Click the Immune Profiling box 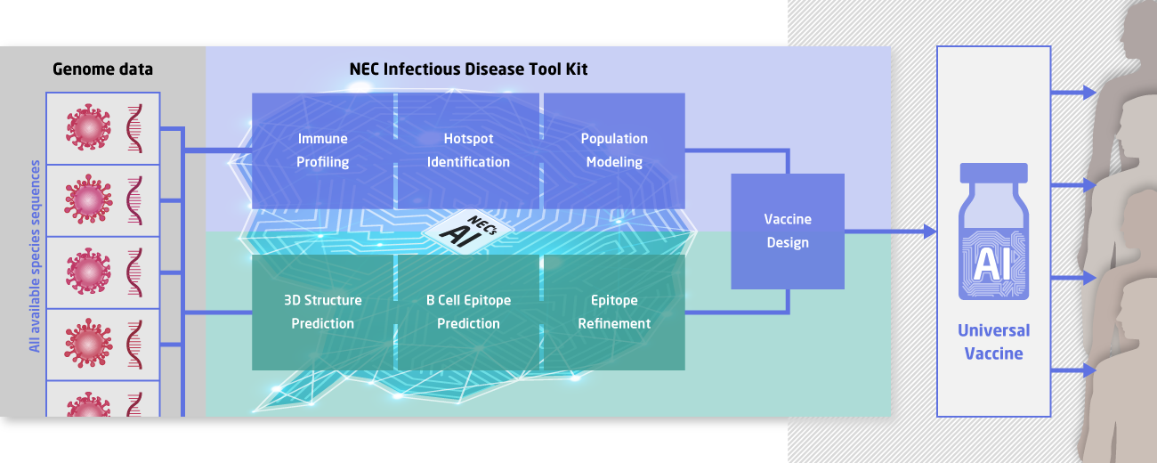323,150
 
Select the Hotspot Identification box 468,150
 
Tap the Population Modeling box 614,150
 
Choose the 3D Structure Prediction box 323,312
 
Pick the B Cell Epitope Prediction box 468,312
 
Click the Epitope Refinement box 614,312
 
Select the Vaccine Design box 788,231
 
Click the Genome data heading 102,69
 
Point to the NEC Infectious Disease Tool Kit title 468,69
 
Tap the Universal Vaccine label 993,342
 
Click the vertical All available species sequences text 36,256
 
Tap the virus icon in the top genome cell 87,128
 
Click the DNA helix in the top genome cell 135,128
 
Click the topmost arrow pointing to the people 1088,93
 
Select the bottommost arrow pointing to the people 1088,370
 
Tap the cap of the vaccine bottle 993,173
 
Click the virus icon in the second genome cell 87,199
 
